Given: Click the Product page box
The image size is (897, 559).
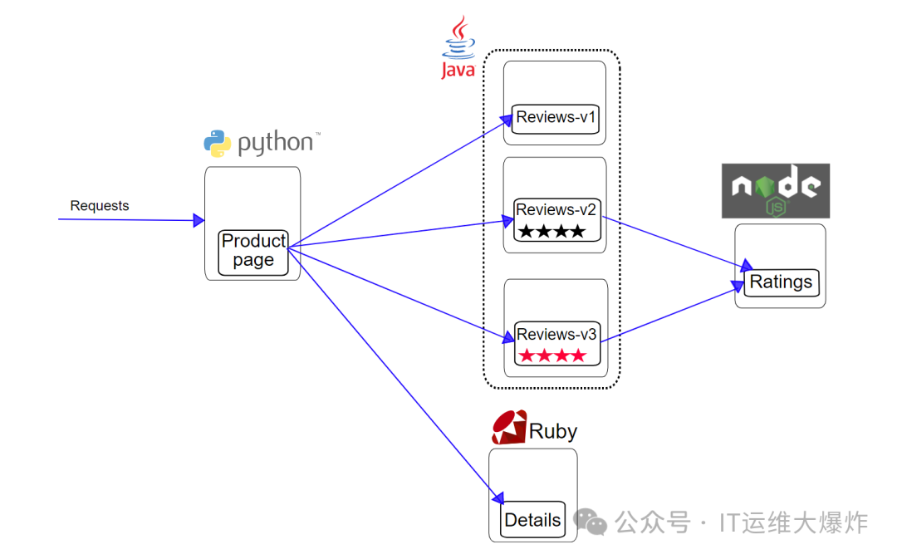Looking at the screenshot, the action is click(252, 253).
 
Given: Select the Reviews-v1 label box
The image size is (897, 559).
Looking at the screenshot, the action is click(555, 119).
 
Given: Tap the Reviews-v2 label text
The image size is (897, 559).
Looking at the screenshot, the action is click(556, 210).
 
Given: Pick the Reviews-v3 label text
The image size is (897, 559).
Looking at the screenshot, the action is click(556, 334).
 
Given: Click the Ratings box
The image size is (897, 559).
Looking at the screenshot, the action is click(782, 282).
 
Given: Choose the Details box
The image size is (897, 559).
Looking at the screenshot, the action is click(532, 519).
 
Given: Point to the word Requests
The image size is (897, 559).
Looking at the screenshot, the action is click(100, 205).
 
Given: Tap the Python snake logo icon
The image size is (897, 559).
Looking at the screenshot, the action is click(218, 143).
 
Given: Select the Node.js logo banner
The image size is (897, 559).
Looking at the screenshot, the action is click(775, 190).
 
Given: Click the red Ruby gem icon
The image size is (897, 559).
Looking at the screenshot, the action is click(508, 428).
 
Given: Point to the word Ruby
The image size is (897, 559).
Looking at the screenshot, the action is click(552, 431).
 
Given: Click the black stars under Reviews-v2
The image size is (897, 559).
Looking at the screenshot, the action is click(552, 231).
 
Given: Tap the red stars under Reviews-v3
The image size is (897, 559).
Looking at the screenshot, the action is click(552, 356).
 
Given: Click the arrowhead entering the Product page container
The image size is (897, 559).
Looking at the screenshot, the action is click(199, 220).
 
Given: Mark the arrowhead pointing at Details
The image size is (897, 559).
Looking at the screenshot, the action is click(498, 498).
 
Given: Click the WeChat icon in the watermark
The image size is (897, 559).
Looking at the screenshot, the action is click(590, 522).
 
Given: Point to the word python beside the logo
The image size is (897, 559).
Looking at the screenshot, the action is click(275, 143).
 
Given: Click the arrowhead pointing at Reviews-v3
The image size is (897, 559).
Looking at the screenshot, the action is click(508, 337).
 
